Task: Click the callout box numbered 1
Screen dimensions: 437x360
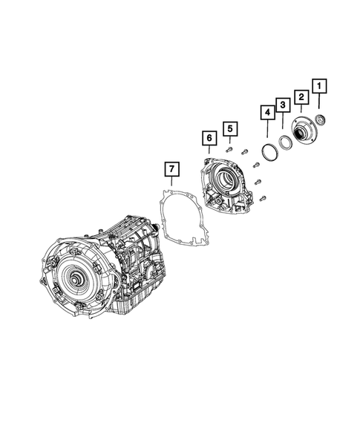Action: pos(320,87)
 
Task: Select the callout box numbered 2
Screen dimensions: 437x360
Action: pos(301,96)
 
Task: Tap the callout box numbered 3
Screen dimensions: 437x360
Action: pos(283,105)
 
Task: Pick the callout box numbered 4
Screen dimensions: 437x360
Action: pos(266,114)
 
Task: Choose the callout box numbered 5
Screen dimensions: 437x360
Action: pos(230,130)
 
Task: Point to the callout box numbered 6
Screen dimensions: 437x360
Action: pos(209,138)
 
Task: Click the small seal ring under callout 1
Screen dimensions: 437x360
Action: pos(320,121)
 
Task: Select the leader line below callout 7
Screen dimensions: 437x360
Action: pos(171,185)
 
